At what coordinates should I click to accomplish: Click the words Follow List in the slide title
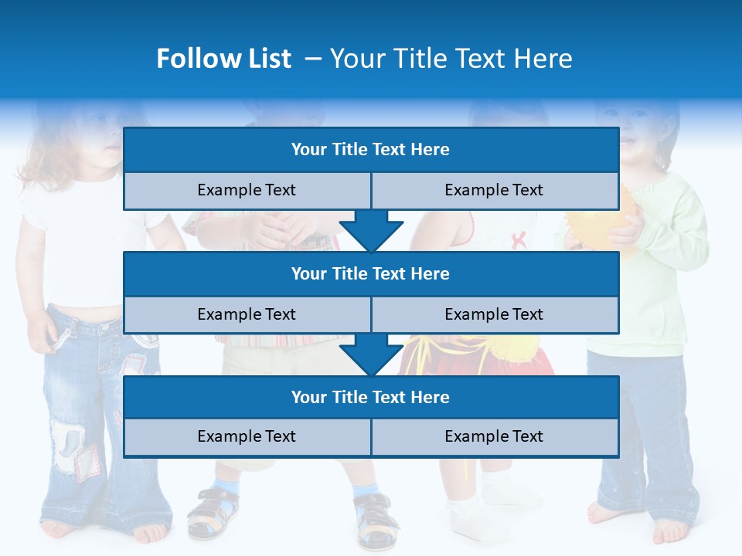tap(223, 59)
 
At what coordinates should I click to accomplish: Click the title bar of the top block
tap(370, 150)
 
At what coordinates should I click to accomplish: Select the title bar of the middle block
tap(370, 273)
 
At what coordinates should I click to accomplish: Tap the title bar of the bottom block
tap(370, 397)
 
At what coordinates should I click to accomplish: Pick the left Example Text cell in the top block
tap(247, 190)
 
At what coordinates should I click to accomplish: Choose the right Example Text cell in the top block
tap(494, 190)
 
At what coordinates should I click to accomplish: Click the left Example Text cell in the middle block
tap(247, 314)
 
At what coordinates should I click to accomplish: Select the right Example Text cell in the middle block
tap(494, 314)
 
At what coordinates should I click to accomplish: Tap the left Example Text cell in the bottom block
tap(247, 436)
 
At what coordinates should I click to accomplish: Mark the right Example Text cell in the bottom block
tap(494, 436)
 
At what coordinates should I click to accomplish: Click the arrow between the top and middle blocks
tap(371, 232)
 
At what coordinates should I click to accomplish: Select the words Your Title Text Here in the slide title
tap(451, 59)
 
